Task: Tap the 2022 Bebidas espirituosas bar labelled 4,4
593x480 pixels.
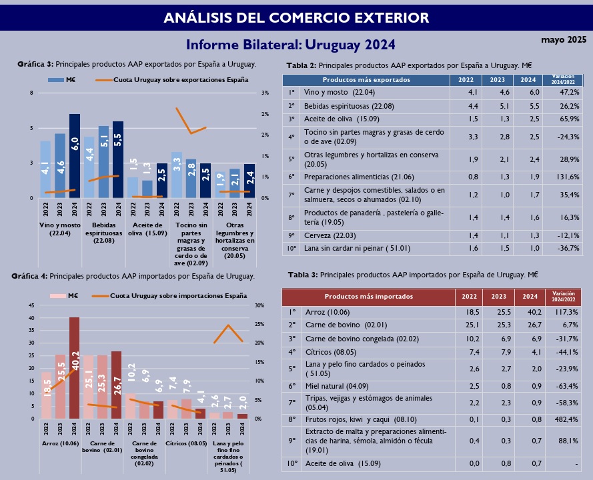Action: [x=89, y=167]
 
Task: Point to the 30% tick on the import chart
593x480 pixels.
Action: [x=260, y=306]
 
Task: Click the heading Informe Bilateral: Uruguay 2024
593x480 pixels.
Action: [x=291, y=45]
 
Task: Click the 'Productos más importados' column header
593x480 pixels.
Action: [x=368, y=297]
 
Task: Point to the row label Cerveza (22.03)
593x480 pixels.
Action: [x=328, y=235]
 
